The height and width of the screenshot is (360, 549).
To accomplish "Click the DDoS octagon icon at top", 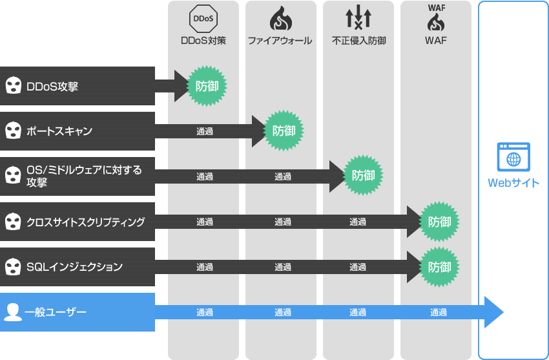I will [x=203, y=19].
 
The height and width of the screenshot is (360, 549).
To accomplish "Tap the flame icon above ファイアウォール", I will [x=280, y=19].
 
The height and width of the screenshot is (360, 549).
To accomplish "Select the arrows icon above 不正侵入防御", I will [x=358, y=18].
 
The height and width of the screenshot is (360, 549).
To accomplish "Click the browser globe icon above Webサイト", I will [x=513, y=156].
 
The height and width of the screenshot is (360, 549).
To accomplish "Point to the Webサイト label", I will [x=513, y=183].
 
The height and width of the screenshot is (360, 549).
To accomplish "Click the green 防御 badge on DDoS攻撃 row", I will [x=207, y=86].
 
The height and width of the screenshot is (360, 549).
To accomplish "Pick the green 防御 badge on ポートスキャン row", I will [x=284, y=131].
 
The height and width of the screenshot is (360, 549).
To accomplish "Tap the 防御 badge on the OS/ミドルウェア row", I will [x=363, y=176].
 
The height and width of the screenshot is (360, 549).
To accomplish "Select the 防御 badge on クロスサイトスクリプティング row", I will [x=439, y=222].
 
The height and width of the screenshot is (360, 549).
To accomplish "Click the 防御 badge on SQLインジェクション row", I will [x=439, y=267].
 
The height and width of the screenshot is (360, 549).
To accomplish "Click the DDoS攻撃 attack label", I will [x=52, y=86].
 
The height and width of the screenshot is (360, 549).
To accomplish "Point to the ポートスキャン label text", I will [x=59, y=131].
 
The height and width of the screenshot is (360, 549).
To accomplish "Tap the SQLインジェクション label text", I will [x=74, y=267].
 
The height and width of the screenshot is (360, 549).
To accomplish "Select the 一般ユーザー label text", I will [x=56, y=313].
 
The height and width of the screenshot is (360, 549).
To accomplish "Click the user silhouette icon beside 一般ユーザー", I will [x=12, y=312].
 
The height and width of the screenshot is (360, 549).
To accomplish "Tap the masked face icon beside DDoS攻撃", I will [x=12, y=86].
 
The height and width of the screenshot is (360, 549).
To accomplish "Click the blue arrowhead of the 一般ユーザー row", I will [x=493, y=312].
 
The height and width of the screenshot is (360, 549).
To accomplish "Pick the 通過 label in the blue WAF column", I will [x=439, y=313].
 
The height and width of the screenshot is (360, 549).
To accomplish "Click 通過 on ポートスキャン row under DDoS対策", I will [x=205, y=131].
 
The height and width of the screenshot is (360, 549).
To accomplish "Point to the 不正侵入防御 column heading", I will [x=359, y=41].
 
